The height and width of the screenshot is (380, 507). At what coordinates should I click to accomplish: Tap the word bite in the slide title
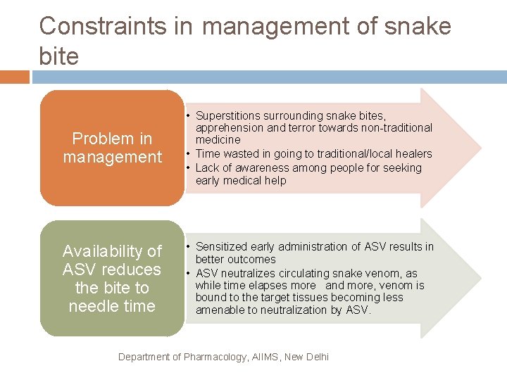[x=59, y=56]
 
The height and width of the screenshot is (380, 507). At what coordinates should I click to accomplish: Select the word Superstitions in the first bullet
[x=230, y=115]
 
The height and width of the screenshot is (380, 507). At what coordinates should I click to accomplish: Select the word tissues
[x=323, y=298]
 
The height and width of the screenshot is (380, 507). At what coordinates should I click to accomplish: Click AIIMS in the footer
[x=265, y=357]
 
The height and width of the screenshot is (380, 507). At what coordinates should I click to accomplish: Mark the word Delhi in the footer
[x=316, y=357]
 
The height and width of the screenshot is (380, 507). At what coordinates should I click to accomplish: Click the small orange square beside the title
[x=15, y=77]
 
